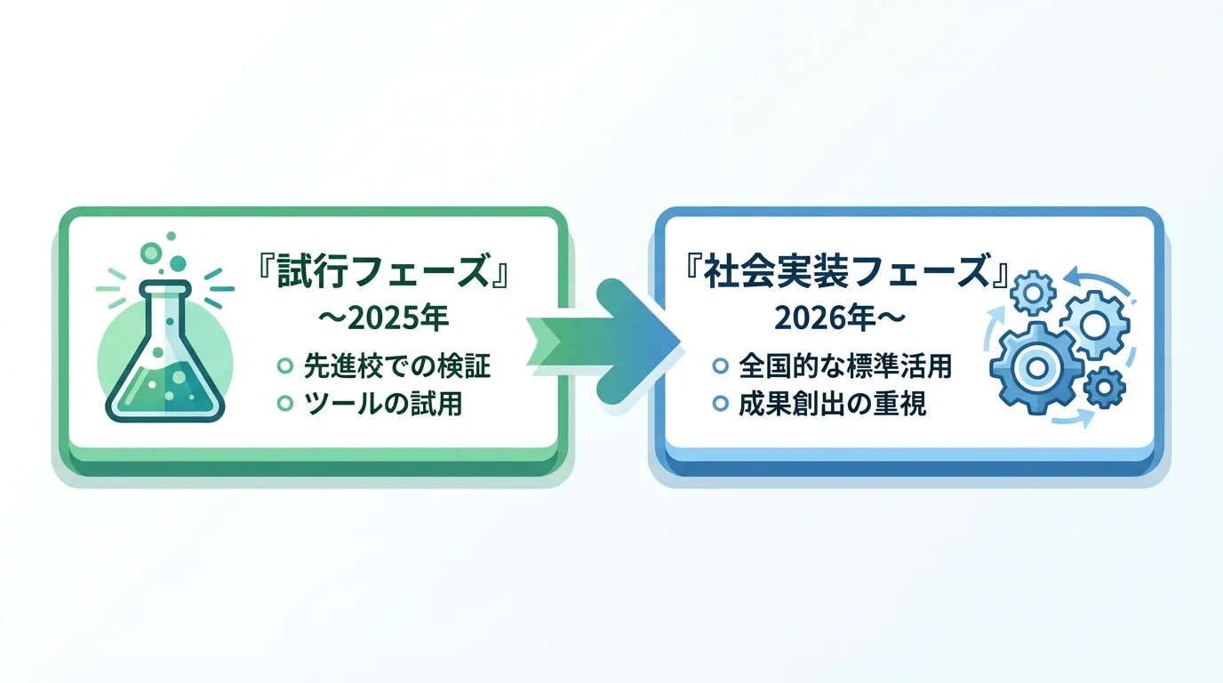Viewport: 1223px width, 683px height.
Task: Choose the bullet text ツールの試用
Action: [x=382, y=404]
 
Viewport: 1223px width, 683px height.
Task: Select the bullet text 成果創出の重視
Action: [x=832, y=404]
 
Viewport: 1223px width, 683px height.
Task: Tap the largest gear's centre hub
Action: [x=1033, y=367]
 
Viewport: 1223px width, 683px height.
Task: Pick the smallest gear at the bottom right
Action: [x=1106, y=388]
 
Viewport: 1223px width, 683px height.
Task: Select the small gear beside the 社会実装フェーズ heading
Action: [x=1033, y=290]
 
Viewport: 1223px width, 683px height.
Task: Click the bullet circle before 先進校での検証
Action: [x=285, y=365]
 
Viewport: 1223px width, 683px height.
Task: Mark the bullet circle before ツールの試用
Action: [x=285, y=404]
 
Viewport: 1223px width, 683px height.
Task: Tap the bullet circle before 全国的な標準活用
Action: [x=721, y=365]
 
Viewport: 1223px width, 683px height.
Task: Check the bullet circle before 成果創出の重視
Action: [x=721, y=404]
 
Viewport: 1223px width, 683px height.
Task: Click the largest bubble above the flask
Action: [x=179, y=262]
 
